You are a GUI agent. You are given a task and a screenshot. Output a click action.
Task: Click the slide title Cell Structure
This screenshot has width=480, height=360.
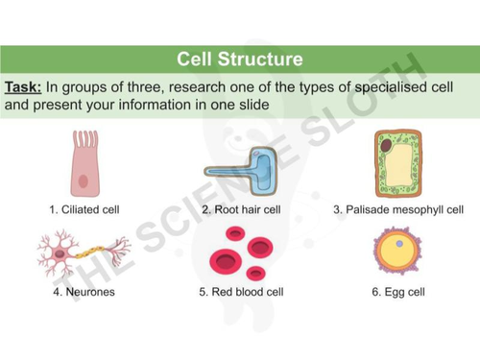[x=240, y=60]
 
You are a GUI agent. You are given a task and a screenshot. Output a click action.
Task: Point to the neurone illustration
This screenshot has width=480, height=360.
[x=83, y=254]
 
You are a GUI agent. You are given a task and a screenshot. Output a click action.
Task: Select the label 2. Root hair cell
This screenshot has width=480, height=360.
[x=240, y=208]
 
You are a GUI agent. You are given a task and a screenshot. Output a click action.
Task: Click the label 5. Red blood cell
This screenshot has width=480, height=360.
[x=240, y=292]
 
